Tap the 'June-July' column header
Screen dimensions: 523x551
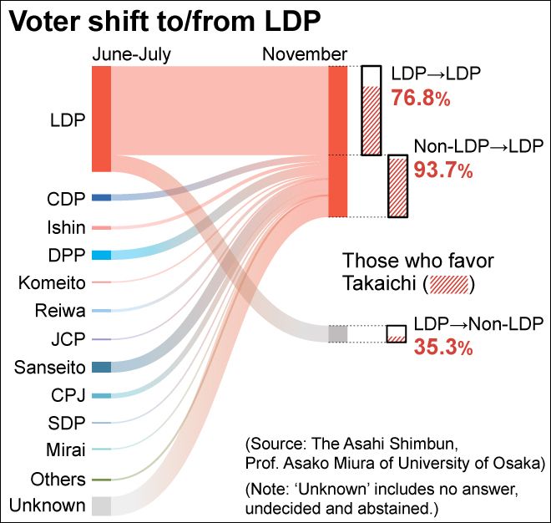pyautogui.click(x=131, y=55)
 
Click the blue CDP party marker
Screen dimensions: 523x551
pyautogui.click(x=101, y=198)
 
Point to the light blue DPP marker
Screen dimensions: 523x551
pyautogui.click(x=101, y=255)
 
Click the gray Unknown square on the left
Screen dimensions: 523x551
pyautogui.click(x=101, y=505)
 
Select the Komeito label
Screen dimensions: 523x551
pyautogui.click(x=52, y=282)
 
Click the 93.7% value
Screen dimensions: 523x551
pyautogui.click(x=443, y=171)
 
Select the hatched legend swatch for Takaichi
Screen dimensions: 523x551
pyautogui.click(x=450, y=283)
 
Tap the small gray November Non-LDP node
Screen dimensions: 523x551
pyautogui.click(x=337, y=333)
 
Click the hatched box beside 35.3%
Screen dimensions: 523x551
pyautogui.click(x=396, y=334)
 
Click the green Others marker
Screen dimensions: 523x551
pyautogui.click(x=101, y=480)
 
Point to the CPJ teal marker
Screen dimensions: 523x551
pyautogui.click(x=101, y=395)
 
